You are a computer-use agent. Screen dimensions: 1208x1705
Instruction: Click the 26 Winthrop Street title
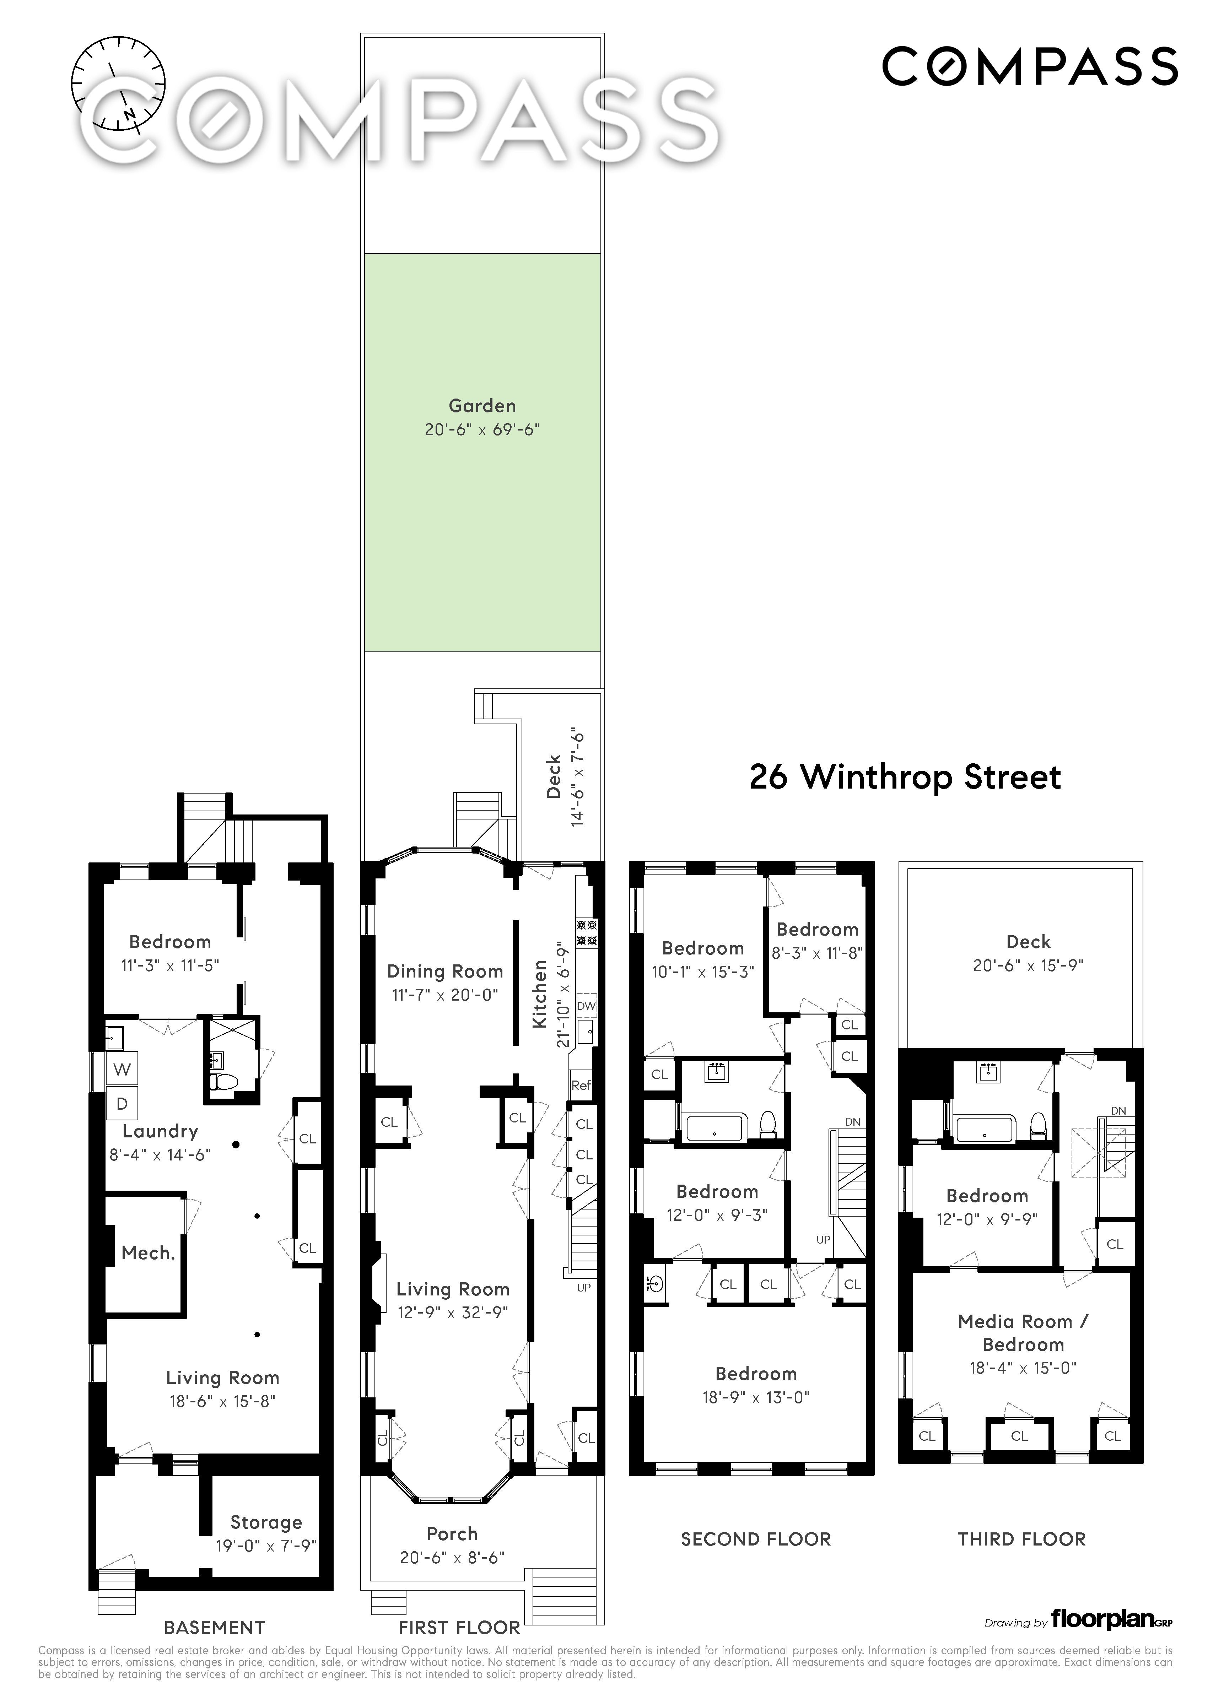[905, 777]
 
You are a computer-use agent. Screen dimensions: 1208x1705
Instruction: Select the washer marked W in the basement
[122, 1069]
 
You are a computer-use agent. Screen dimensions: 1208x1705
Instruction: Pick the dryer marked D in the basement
[122, 1103]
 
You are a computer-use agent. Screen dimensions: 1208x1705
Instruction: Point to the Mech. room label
[148, 1253]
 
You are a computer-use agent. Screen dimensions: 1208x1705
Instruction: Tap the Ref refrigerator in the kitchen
[581, 1086]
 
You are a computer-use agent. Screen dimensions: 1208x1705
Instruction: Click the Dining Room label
[445, 971]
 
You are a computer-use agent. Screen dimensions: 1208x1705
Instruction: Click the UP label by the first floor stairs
[583, 1287]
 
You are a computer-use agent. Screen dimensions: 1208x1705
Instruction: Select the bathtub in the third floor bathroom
[986, 1130]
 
